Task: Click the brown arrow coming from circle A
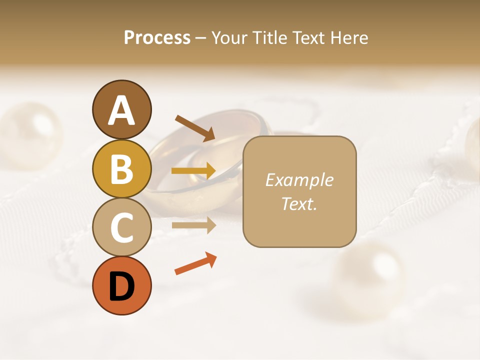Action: (195, 128)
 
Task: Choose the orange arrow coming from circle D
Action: (195, 264)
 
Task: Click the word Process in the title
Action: (157, 37)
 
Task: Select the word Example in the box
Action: (299, 180)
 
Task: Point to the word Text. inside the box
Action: (299, 203)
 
